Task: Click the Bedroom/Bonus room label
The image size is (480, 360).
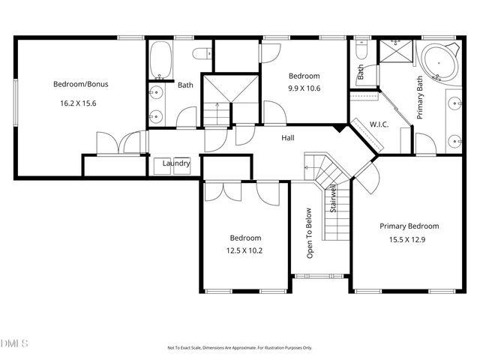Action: (x=79, y=84)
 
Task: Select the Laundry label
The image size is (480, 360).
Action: (x=176, y=163)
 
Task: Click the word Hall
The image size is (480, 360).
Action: (x=287, y=138)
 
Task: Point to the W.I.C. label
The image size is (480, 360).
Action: (x=379, y=124)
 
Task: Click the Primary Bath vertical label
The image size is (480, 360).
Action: (x=421, y=94)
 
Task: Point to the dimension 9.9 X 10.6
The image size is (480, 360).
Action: (x=304, y=88)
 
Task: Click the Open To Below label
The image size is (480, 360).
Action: (x=308, y=232)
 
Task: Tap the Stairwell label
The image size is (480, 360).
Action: (x=331, y=201)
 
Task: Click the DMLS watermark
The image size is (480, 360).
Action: (x=14, y=343)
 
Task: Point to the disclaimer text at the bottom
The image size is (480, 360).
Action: (x=239, y=348)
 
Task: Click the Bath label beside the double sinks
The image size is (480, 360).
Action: (x=185, y=85)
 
